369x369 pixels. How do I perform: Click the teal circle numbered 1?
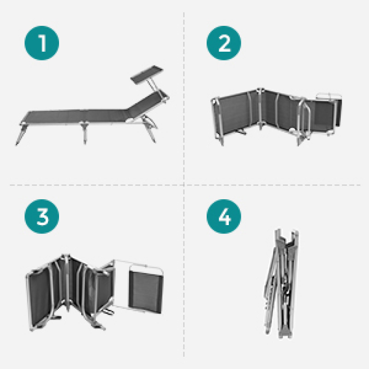[42, 43]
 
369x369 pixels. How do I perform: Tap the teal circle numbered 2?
[224, 43]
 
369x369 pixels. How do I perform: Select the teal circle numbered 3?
[42, 216]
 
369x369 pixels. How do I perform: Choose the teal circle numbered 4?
[224, 216]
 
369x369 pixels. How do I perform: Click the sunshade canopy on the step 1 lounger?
[147, 74]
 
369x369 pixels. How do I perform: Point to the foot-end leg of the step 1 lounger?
[21, 134]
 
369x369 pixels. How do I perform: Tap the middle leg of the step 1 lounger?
[84, 132]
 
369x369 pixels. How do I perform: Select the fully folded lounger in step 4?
[281, 284]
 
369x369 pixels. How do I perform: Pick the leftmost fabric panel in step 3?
[39, 299]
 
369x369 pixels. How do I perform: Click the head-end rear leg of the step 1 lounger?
[149, 129]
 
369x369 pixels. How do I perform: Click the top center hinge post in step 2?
[260, 108]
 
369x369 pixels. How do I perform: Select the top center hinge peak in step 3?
[66, 256]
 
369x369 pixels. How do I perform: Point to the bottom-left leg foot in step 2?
[222, 142]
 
